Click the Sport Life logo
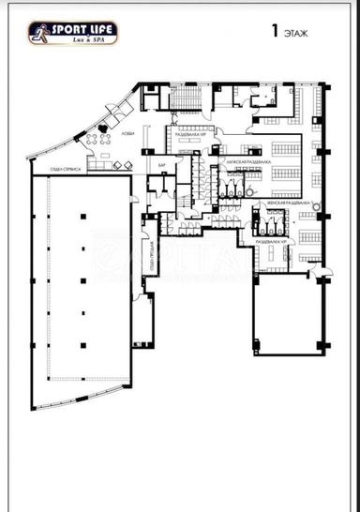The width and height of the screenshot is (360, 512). (x=73, y=33)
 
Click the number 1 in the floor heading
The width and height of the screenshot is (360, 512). (x=276, y=32)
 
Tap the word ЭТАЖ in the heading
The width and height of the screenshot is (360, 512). (x=296, y=33)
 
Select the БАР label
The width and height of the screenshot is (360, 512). (x=161, y=166)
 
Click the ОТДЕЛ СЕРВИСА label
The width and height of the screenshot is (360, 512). (x=70, y=170)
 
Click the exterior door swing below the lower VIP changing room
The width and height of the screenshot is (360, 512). (x=322, y=273)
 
